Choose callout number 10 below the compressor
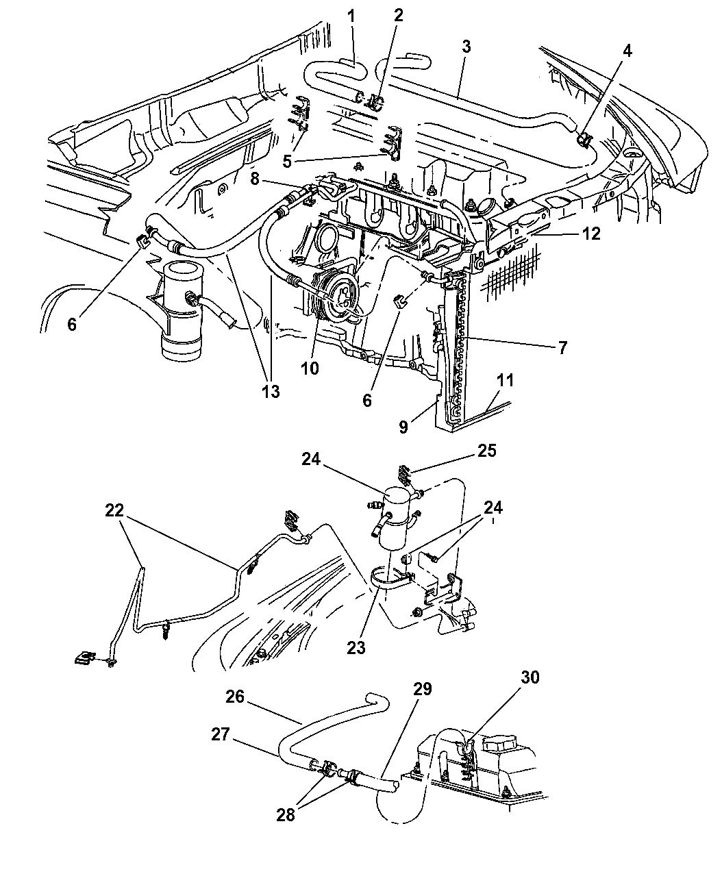(309, 368)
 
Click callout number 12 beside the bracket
(590, 234)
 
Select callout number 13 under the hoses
(270, 392)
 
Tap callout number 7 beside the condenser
(562, 348)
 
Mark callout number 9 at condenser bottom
(403, 427)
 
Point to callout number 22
(116, 510)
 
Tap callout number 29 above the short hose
(422, 689)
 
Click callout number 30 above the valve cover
(530, 677)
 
